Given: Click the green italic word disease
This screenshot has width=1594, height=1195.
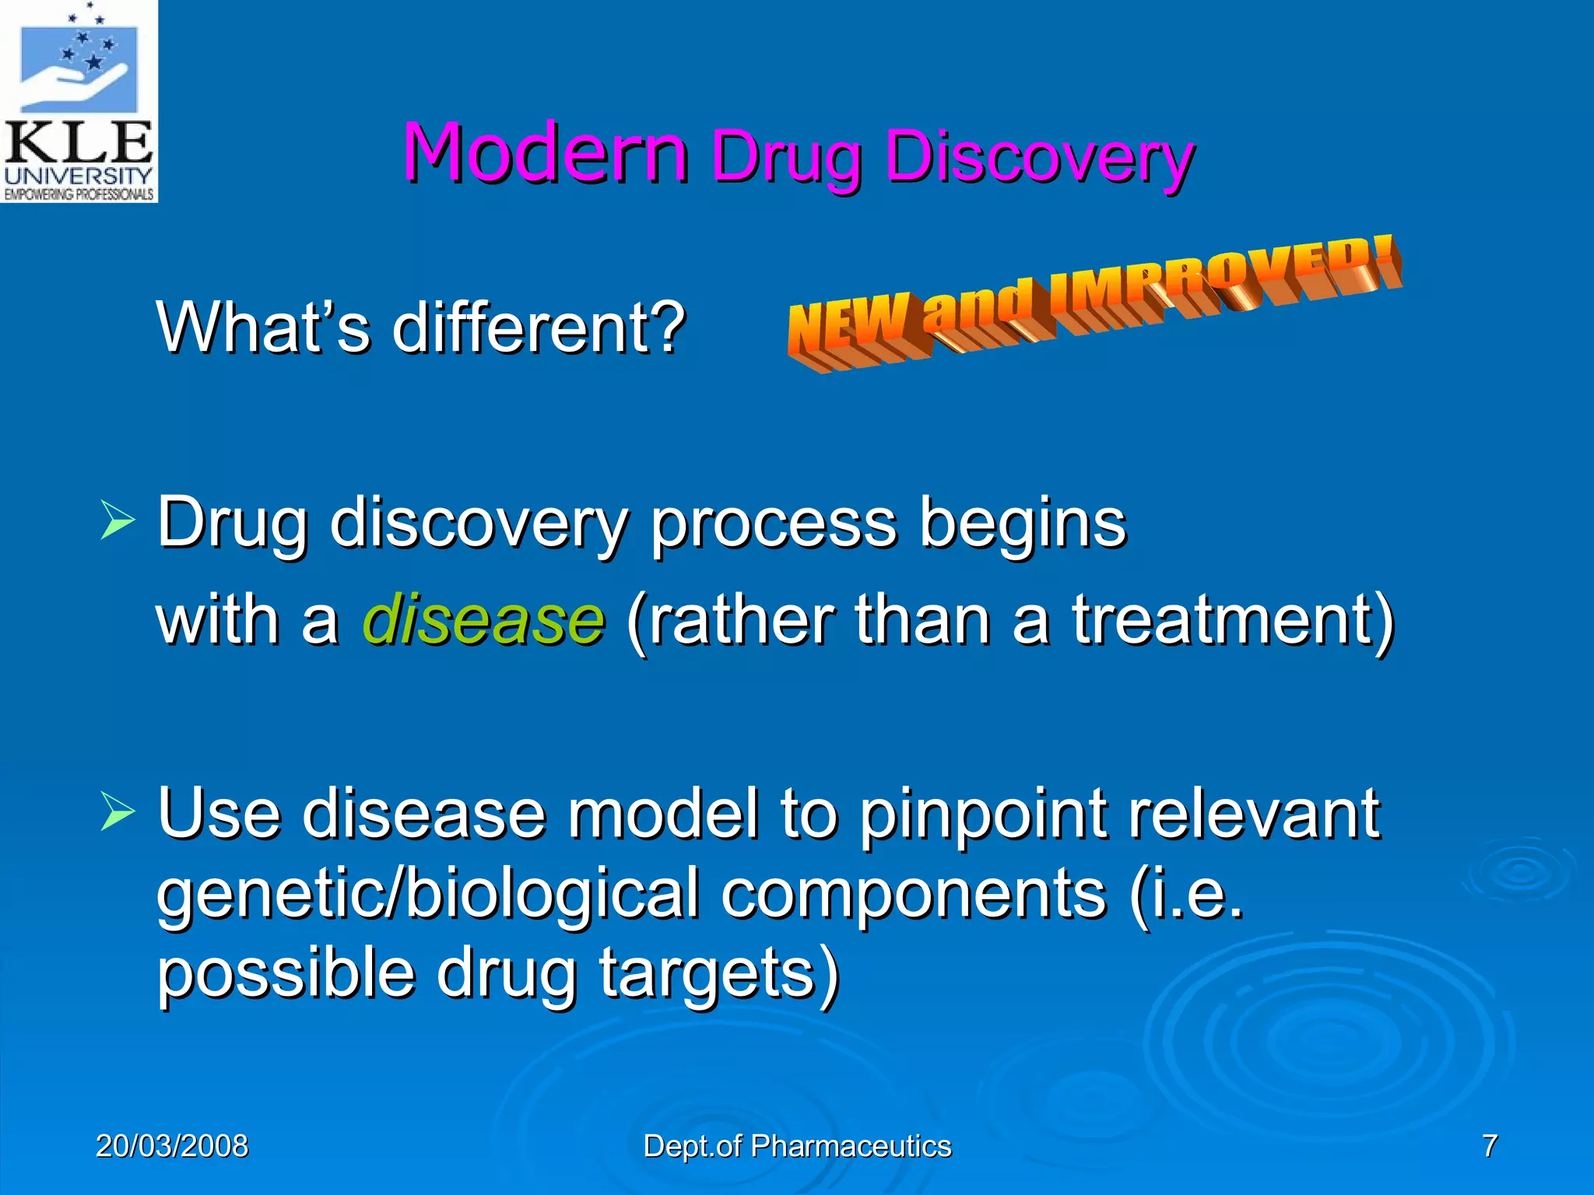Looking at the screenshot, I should (x=483, y=620).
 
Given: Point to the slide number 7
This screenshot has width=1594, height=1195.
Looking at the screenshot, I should (x=1490, y=1146).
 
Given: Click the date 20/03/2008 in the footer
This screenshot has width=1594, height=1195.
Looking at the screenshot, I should (x=172, y=1146).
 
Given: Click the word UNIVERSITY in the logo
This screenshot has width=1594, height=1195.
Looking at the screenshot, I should (x=78, y=175).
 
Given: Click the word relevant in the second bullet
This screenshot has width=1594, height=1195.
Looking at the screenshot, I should (x=1254, y=815).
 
